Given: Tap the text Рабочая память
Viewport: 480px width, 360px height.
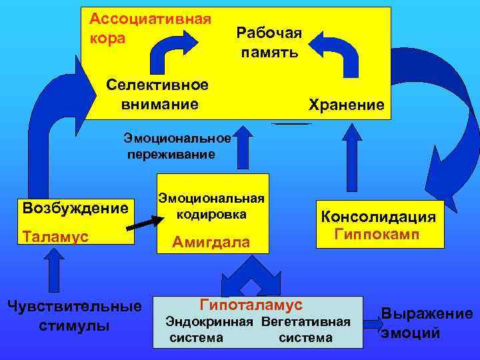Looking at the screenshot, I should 269,43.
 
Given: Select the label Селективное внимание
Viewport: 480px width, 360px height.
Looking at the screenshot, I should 159,94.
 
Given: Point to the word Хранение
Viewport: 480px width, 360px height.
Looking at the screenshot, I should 346,105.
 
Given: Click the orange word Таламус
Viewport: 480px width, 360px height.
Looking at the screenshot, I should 55,236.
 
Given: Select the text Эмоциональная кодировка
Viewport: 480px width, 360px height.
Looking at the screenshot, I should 211,206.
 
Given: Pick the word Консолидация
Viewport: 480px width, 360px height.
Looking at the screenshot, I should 379,217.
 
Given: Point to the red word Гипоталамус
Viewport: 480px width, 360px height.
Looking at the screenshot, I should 251,305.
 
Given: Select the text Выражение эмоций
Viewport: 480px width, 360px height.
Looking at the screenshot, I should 427,323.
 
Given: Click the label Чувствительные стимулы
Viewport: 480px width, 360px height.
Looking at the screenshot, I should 73,316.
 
